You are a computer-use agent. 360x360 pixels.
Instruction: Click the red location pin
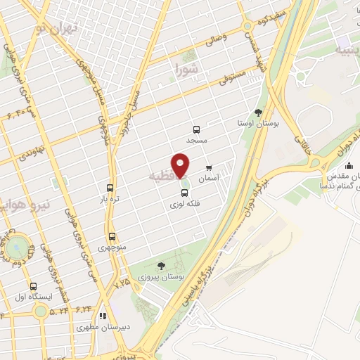(181, 165)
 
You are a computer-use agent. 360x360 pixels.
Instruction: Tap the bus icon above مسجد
(196, 129)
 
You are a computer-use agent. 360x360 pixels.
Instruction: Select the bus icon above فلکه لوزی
(185, 193)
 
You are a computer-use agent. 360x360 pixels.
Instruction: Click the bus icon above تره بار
(110, 188)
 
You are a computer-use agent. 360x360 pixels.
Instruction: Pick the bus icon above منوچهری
(112, 236)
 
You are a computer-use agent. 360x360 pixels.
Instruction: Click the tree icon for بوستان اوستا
(258, 112)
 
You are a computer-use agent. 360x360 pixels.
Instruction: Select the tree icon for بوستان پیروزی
(162, 266)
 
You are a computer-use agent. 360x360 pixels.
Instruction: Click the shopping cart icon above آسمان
(209, 168)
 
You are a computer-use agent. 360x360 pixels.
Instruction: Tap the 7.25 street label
(121, 282)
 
